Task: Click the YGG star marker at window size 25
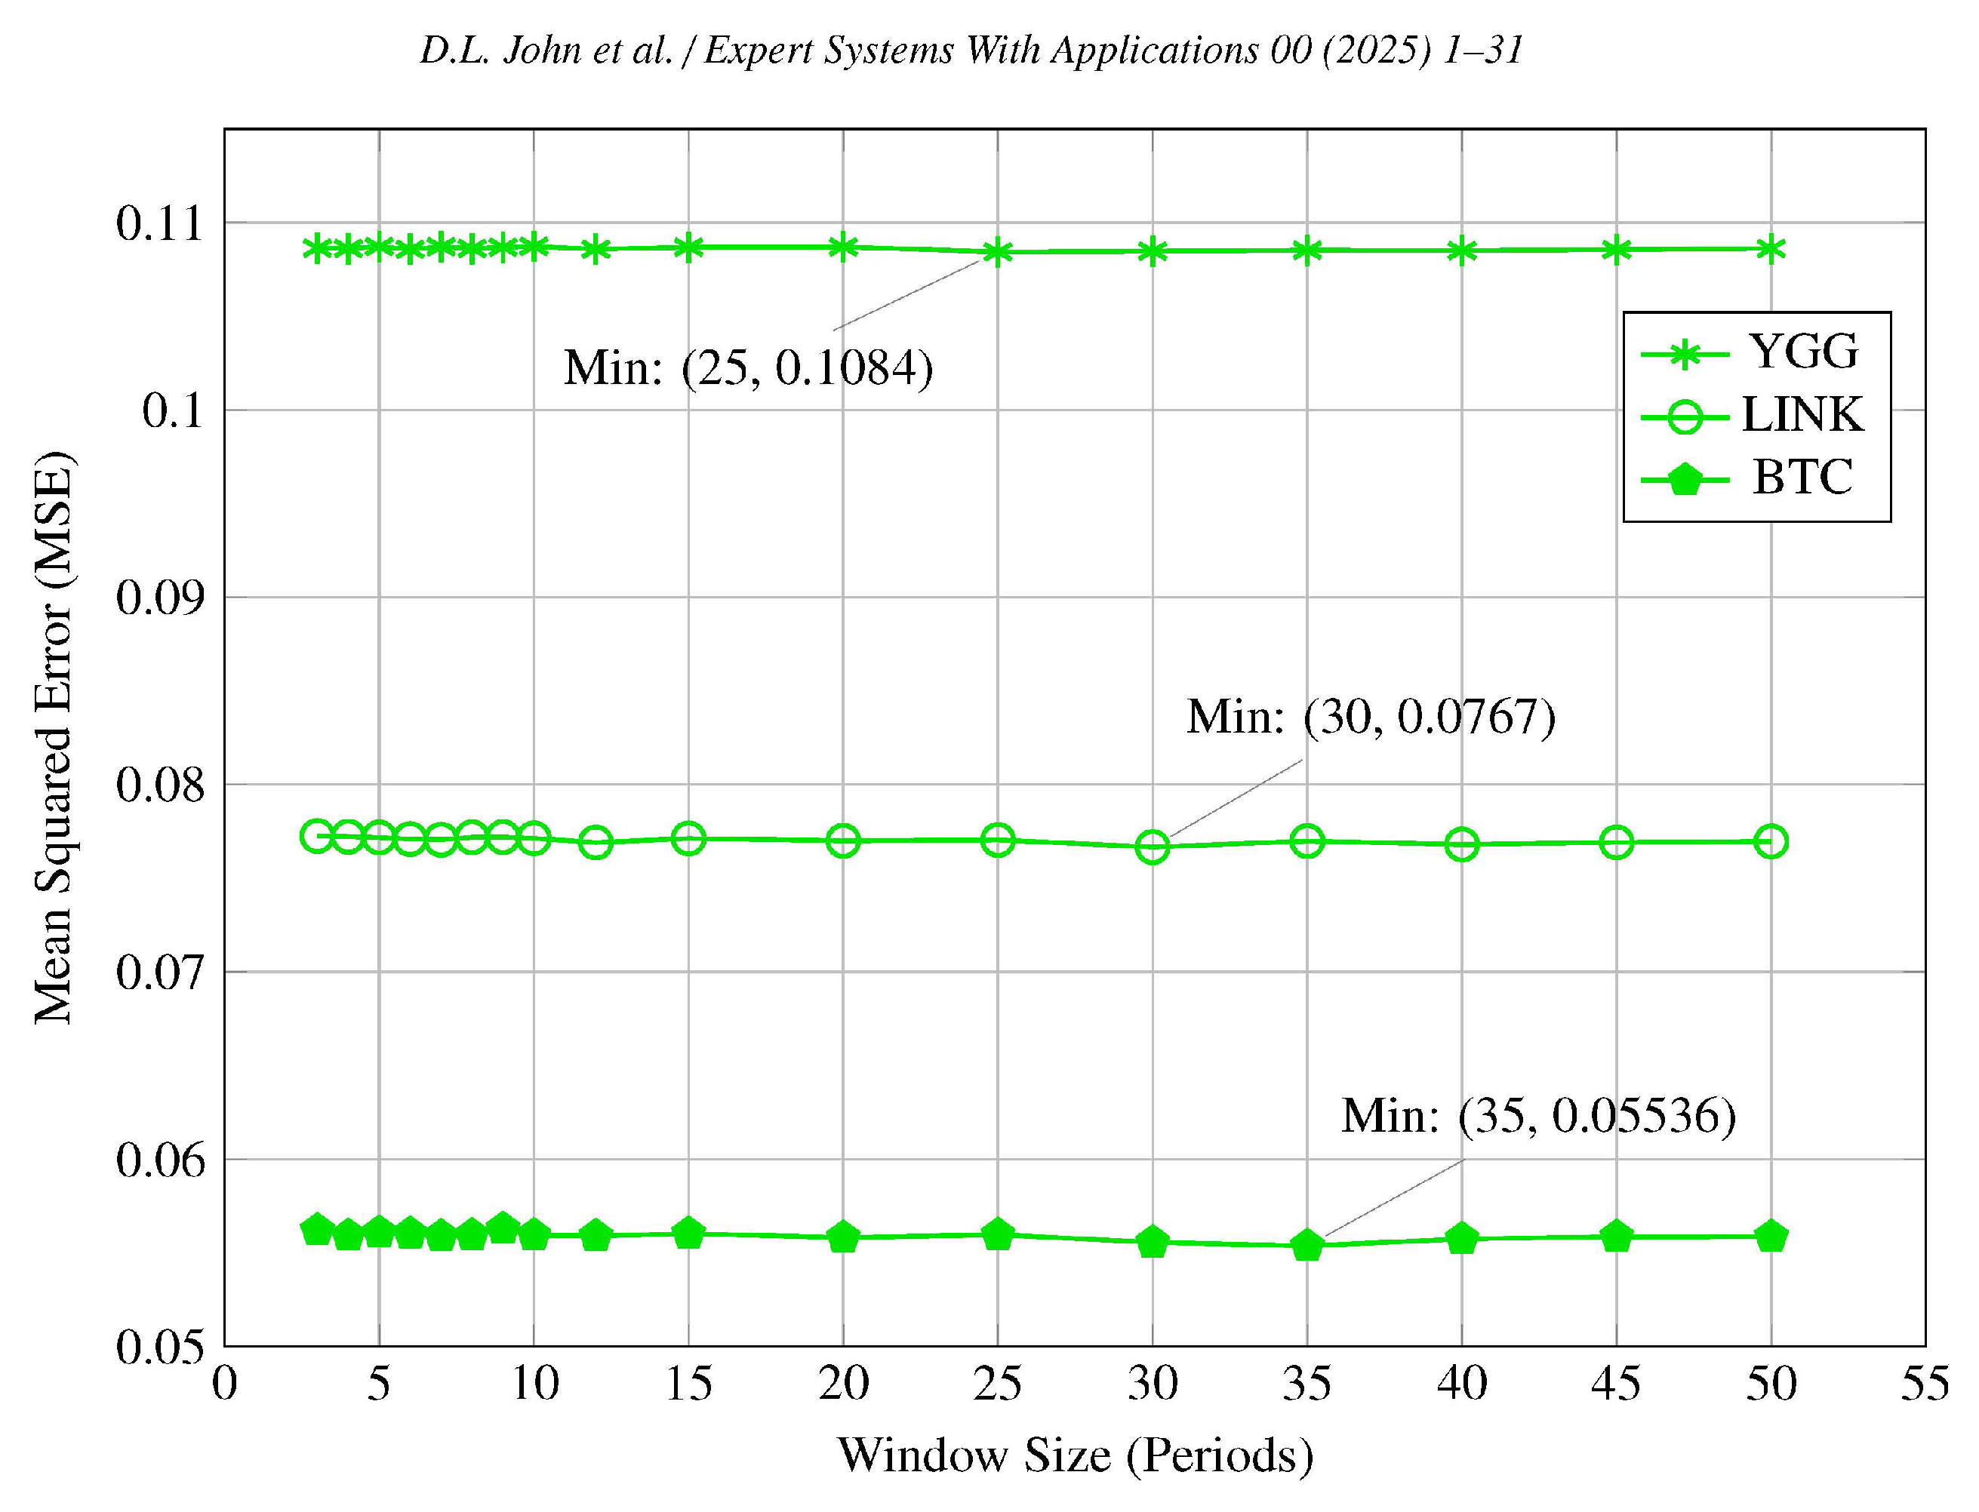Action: (x=997, y=253)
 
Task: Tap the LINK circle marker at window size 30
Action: (x=1152, y=847)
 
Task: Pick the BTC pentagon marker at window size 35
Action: (x=1307, y=1246)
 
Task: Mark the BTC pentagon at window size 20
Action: (x=843, y=1237)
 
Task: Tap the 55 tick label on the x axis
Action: (x=1924, y=1383)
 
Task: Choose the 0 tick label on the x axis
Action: (x=224, y=1383)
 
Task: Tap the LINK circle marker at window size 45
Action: (x=1616, y=844)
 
